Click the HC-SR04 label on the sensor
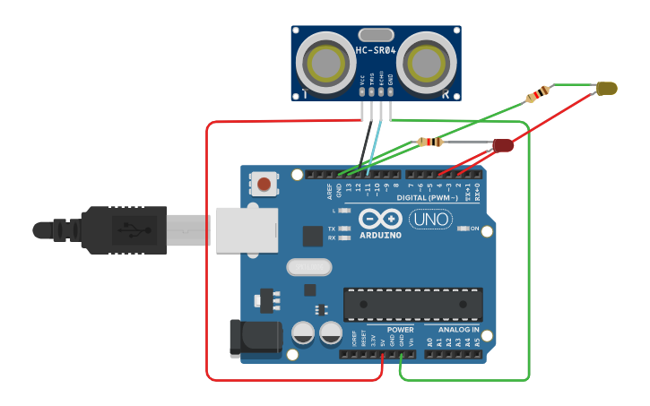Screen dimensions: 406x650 (376, 50)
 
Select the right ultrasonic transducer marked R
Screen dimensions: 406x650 (427, 63)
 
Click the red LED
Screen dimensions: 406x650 (502, 144)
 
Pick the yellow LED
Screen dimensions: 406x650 (607, 88)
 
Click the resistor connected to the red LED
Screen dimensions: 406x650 (430, 142)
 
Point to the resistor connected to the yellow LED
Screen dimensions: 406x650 (538, 94)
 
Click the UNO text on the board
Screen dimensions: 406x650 (430, 219)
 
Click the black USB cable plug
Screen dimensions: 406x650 (126, 230)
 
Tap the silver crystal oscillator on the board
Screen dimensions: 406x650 (309, 266)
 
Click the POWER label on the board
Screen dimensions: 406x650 (401, 330)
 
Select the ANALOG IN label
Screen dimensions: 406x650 (458, 330)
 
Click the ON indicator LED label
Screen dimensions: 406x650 (473, 229)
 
